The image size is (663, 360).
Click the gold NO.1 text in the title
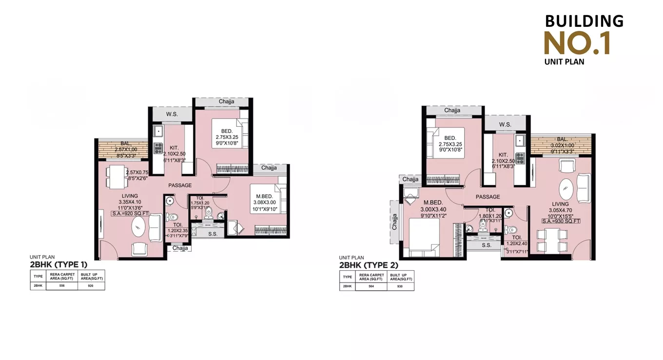tap(577, 42)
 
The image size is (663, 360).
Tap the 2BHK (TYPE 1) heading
tap(58, 265)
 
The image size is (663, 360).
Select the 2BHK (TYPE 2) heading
tap(369, 265)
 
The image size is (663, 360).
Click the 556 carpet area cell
tap(61, 286)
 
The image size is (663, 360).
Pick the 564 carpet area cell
tap(370, 286)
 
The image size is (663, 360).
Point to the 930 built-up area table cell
tap(400, 286)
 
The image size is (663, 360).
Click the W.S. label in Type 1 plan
tap(172, 114)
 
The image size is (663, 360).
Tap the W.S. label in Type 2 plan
tap(505, 124)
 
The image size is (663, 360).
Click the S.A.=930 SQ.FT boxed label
tap(561, 221)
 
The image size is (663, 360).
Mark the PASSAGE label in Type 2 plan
tap(488, 197)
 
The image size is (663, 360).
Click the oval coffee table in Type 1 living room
tap(138, 228)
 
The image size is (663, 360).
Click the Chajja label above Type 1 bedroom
tap(226, 101)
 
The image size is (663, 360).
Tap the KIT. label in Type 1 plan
tap(175, 147)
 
